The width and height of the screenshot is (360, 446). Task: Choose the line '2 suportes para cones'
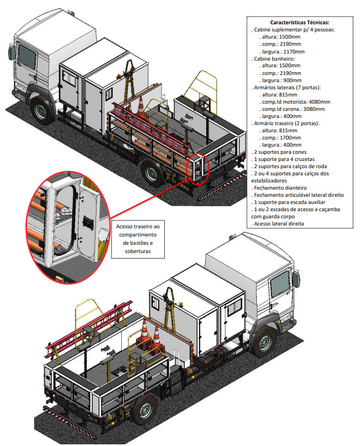pos(282,152)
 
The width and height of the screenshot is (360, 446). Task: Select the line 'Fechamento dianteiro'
pos(281,188)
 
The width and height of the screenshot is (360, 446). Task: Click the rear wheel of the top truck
pos(149,173)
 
